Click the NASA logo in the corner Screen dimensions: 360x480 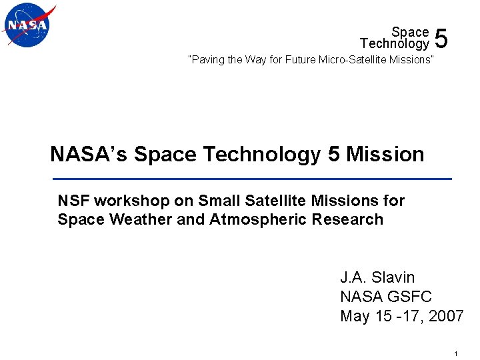29,25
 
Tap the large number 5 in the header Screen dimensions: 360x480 441,39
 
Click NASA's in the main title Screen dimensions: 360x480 89,154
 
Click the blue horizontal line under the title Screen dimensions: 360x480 252,179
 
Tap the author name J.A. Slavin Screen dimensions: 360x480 377,277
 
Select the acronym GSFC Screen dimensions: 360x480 411,296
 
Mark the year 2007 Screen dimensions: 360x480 446,315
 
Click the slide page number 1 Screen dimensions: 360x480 454,353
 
